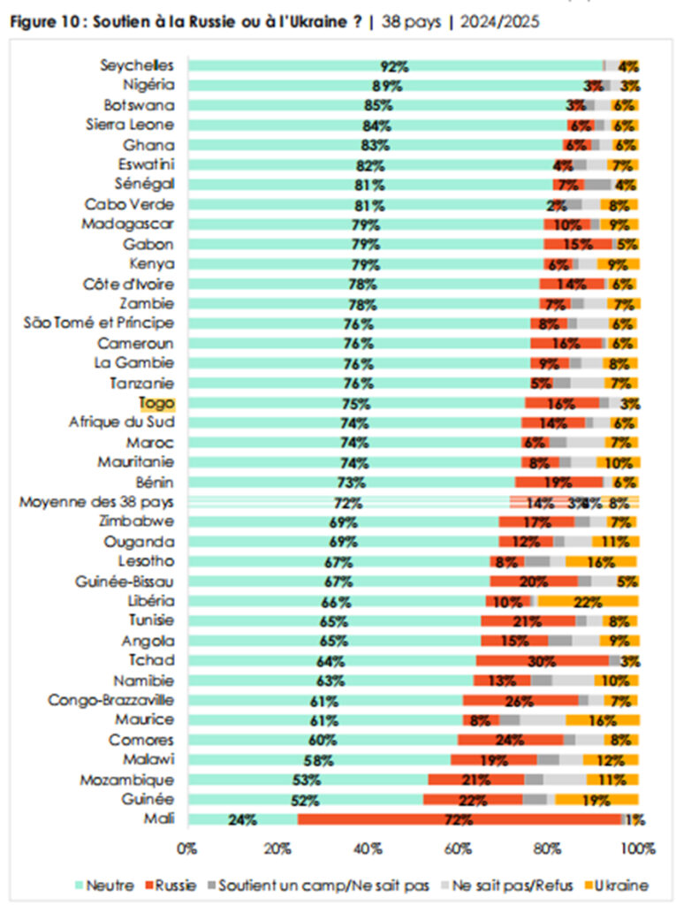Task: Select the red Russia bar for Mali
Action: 460,819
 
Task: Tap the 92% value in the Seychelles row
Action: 394,66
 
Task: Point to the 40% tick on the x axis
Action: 368,849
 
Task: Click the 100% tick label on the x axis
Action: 638,849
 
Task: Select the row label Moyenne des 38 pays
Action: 97,502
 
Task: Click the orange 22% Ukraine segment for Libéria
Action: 588,601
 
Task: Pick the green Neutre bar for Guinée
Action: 306,799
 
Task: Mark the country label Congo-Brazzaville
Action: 110,700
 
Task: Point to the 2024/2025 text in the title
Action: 496,21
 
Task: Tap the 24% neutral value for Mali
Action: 242,819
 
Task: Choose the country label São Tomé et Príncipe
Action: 99,323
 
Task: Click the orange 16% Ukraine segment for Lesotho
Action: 601,561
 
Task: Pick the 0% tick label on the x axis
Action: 187,849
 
